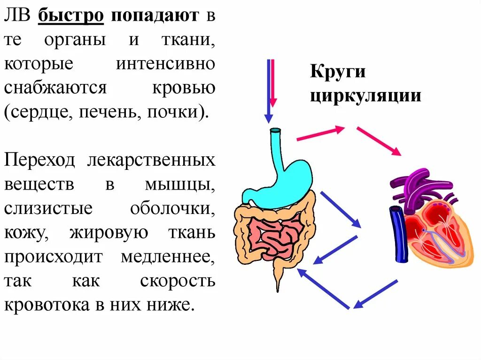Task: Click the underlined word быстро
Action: [x=70, y=15]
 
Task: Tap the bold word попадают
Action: [x=155, y=15]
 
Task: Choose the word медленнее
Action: [x=168, y=257]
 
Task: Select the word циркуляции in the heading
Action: [x=365, y=96]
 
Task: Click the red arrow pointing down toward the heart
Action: [x=379, y=141]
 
